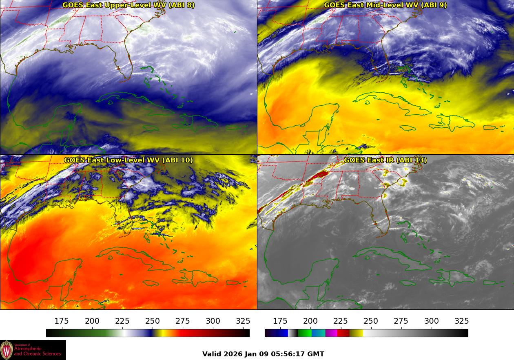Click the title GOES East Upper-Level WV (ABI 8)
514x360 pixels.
tap(128, 5)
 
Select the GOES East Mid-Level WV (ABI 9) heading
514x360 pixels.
tap(385, 5)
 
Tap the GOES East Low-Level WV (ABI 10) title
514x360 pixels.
tap(128, 160)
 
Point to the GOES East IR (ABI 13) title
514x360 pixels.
tap(385, 160)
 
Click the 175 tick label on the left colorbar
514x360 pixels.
tap(62, 321)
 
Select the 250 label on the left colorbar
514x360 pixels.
tap(153, 321)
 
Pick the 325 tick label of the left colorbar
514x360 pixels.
tap(243, 321)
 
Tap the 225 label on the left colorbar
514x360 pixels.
tap(122, 321)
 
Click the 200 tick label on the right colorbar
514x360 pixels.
tap(310, 321)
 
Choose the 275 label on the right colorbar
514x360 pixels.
tap(401, 321)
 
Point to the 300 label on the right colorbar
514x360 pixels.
tap(432, 321)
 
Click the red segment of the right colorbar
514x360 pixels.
tap(343, 333)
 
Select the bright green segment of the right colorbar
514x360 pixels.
tap(304, 333)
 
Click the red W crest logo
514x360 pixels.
tap(7, 350)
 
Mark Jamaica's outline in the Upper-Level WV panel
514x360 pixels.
tap(151, 128)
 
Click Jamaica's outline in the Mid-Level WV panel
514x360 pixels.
tap(408, 128)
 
